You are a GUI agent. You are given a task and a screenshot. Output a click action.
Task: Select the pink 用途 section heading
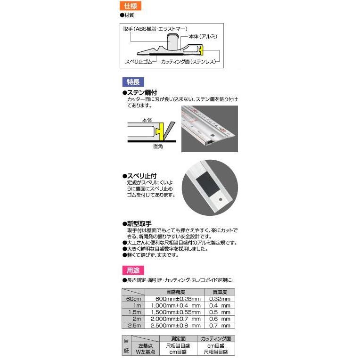click(132, 270)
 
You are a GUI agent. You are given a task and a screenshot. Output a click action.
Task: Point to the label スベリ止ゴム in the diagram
click(140, 62)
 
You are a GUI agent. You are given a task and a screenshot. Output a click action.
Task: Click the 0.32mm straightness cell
click(220, 299)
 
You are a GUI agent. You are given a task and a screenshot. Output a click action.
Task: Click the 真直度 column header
click(220, 292)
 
